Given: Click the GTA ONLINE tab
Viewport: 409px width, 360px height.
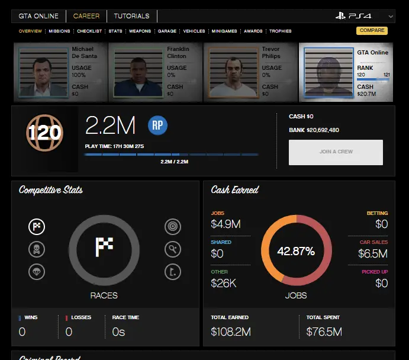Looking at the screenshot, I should [38, 16].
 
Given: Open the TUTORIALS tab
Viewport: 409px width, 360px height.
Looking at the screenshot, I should [131, 16].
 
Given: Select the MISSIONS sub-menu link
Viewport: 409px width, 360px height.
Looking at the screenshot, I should [59, 31].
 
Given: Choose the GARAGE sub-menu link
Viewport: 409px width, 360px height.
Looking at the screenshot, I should [166, 31].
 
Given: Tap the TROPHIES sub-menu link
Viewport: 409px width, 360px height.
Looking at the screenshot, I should [280, 31].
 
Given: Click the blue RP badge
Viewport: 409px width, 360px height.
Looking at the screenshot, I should [157, 125].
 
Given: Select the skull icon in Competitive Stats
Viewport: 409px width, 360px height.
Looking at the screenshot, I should [37, 249].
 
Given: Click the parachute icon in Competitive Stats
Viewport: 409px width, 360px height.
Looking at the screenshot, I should [37, 272].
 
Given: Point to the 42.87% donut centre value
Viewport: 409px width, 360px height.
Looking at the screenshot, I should [296, 250].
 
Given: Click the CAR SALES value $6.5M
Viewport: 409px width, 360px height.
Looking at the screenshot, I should [373, 254].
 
